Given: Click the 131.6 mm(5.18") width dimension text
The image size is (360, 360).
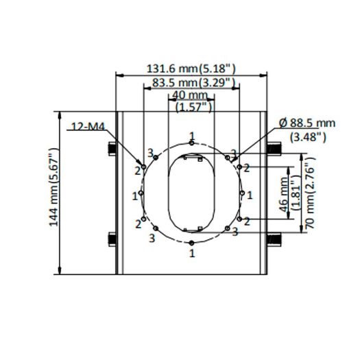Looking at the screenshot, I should click(191, 69).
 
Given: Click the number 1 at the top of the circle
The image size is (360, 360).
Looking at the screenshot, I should click(192, 134).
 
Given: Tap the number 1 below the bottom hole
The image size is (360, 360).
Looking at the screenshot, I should click(192, 253).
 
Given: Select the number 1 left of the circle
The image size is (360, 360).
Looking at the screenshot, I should click(135, 195).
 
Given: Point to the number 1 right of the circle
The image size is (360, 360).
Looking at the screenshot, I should click(250, 195).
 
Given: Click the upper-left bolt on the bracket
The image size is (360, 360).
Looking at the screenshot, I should click(112, 148).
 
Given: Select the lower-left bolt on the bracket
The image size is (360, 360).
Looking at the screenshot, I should click(112, 239).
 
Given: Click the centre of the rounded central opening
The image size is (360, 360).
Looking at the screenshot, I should click(192, 193).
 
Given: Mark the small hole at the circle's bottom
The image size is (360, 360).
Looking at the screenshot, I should click(192, 243).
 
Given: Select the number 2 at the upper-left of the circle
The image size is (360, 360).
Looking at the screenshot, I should click(138, 169).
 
